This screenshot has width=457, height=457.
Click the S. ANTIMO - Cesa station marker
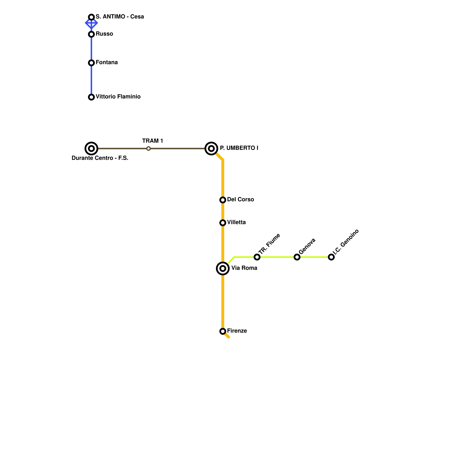pos(91,17)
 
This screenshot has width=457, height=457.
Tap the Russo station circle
pos(91,34)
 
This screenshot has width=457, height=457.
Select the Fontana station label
pos(107,63)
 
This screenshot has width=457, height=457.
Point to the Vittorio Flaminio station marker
pos(91,97)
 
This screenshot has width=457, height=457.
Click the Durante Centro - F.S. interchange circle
pos(91,149)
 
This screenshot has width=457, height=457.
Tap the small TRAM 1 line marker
pos(149,149)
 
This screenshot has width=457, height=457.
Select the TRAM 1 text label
pos(153,141)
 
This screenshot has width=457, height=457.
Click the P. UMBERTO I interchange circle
pos(211,149)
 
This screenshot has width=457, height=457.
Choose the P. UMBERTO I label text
pos(239,148)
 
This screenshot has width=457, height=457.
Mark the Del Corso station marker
pos(223,200)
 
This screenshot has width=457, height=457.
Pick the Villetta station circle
pos(223,223)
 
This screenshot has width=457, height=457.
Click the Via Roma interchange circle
pos(223,268)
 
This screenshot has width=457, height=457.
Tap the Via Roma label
pos(244,268)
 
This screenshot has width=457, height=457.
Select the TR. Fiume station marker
pos(257,257)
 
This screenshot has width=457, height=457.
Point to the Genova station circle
pos(297,257)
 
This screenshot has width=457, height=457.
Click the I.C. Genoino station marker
pos(331,257)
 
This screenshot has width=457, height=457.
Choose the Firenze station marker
pos(223,331)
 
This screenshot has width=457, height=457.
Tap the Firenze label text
pos(237,331)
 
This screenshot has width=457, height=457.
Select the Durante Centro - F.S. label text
pos(100,158)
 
